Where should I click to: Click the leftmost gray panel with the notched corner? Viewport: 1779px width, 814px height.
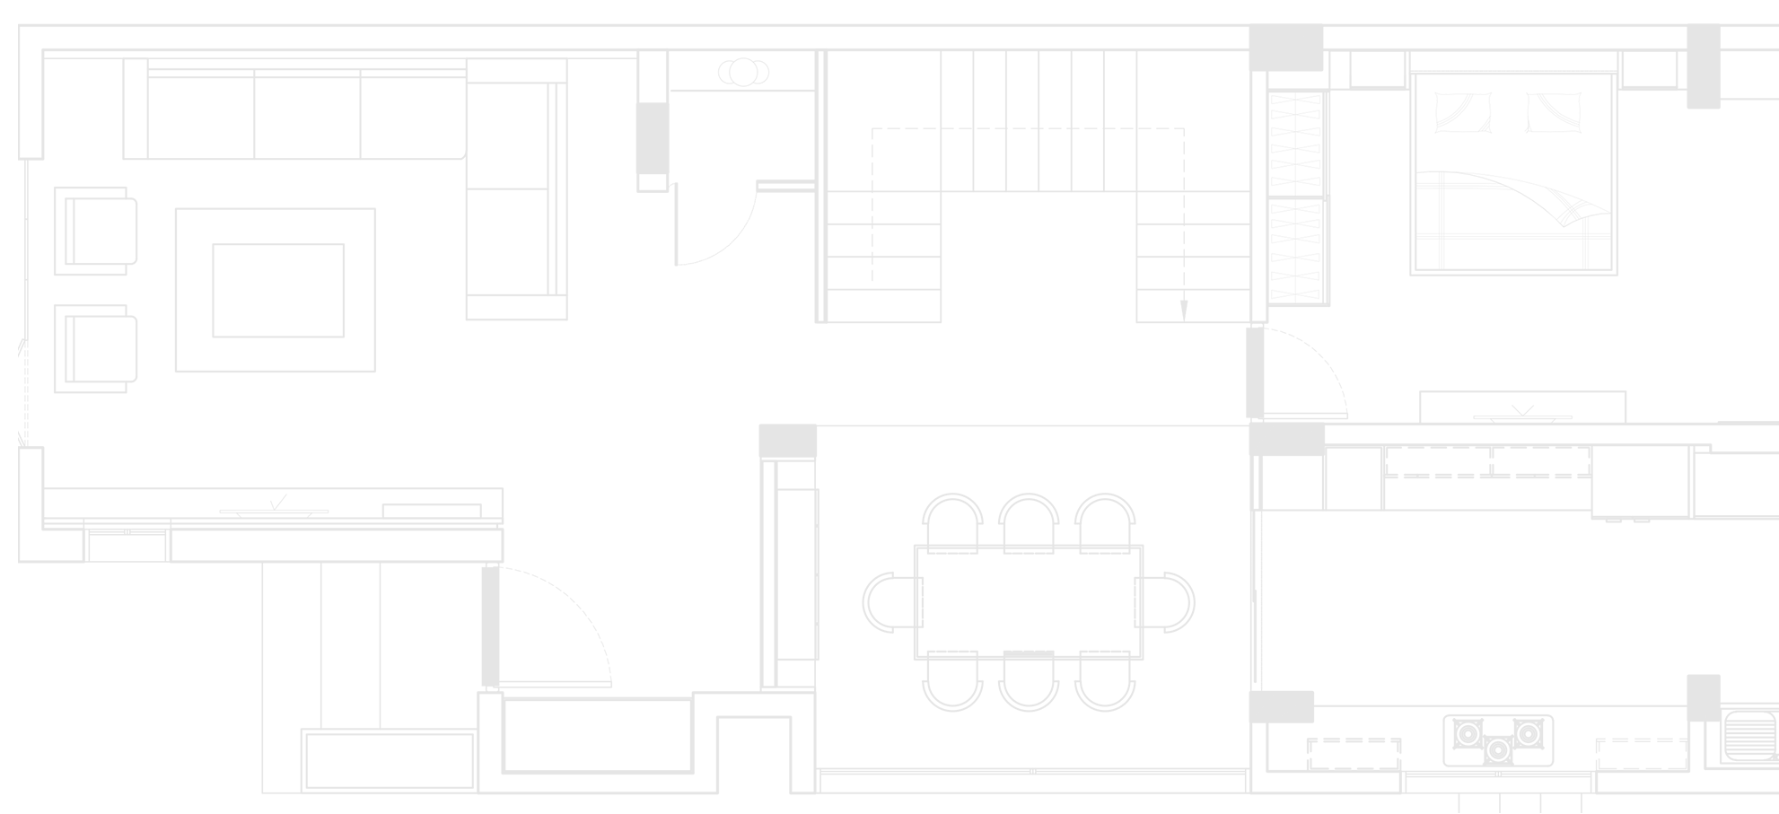pyautogui.click(x=162, y=341)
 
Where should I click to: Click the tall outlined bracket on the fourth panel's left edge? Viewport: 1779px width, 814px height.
pyautogui.click(x=916, y=601)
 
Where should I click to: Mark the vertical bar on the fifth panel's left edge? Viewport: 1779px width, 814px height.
pyautogui.click(x=1248, y=372)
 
